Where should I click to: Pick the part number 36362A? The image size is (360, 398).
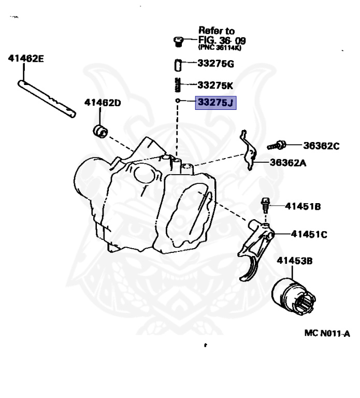[288, 162]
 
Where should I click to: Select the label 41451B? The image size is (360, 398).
[303, 207]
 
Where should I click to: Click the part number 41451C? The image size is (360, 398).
[309, 234]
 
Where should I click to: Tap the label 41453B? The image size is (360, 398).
[294, 261]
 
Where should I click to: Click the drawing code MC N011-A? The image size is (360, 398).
[327, 333]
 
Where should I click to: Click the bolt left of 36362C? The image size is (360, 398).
[276, 145]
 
